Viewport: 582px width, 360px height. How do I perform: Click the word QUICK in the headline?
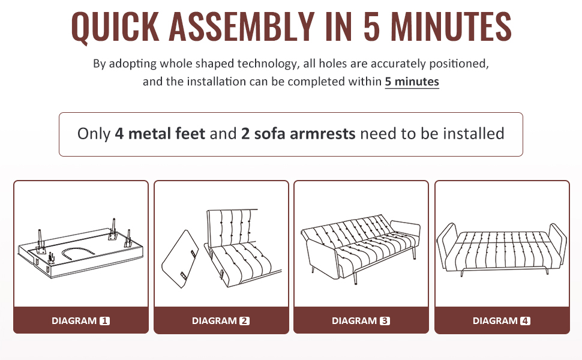[115, 26]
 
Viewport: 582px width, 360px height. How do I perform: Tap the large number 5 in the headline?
[372, 26]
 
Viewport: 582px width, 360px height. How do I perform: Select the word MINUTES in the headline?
[451, 26]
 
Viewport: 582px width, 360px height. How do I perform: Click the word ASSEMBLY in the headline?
[242, 26]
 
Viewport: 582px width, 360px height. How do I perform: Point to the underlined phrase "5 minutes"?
[412, 81]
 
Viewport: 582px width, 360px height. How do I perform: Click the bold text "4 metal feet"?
[160, 134]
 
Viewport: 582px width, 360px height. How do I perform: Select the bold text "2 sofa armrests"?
[298, 134]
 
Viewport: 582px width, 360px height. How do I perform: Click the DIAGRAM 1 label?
[80, 320]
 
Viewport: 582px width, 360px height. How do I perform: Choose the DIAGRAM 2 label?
[220, 320]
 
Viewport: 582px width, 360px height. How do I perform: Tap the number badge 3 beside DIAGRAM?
[385, 320]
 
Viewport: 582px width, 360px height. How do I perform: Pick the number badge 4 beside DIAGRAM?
[525, 320]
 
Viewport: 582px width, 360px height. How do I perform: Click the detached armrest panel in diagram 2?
[180, 259]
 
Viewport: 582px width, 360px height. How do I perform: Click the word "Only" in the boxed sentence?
[94, 134]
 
